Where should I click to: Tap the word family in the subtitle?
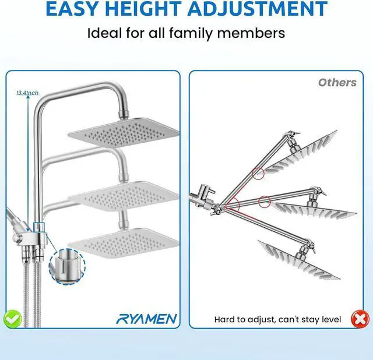point(196,32)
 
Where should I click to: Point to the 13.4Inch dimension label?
point(27,93)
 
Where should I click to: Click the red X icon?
point(360,319)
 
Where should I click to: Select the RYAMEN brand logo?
point(146,319)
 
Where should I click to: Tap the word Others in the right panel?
point(337,82)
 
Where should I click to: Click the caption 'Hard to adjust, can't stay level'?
point(279,319)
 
